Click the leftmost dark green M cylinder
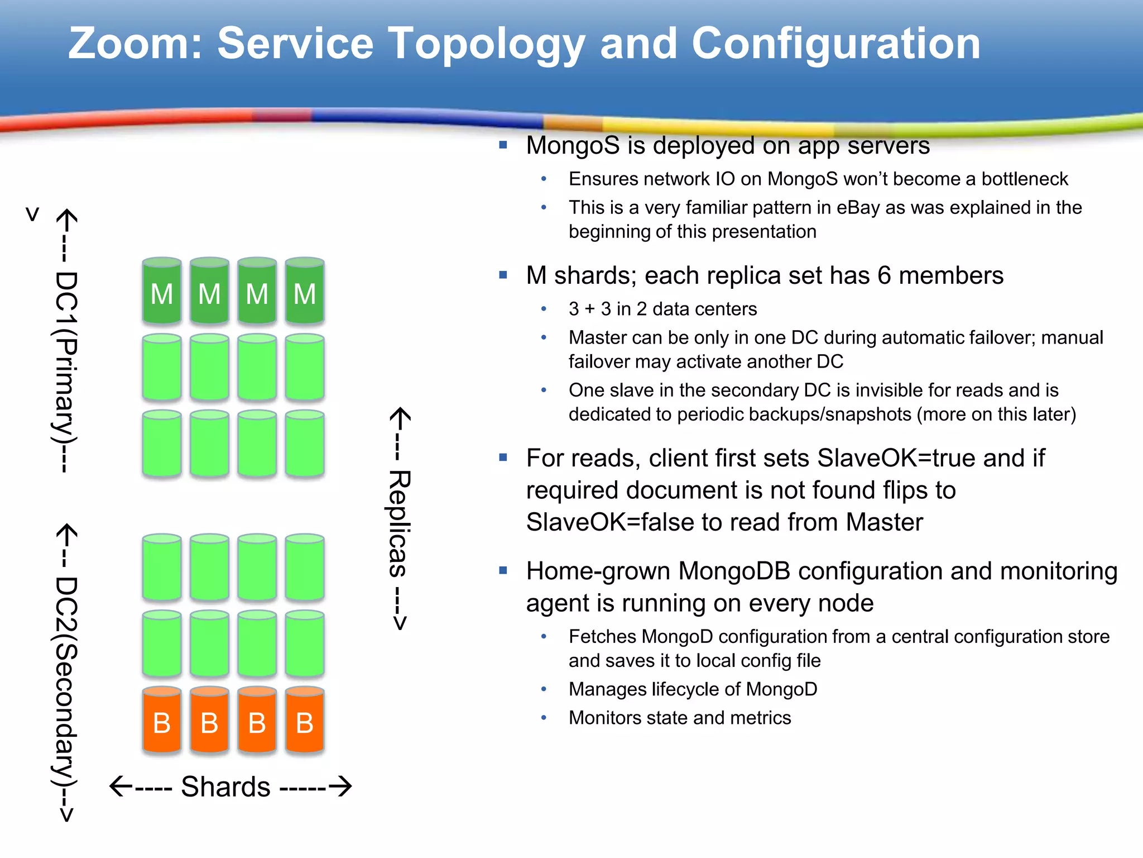(162, 291)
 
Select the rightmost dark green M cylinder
(305, 291)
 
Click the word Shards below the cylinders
(225, 786)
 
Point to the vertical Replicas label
(400, 523)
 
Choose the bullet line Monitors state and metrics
(679, 718)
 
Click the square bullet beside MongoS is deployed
(503, 145)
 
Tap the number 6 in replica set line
(884, 275)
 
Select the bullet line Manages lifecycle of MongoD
(693, 689)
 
